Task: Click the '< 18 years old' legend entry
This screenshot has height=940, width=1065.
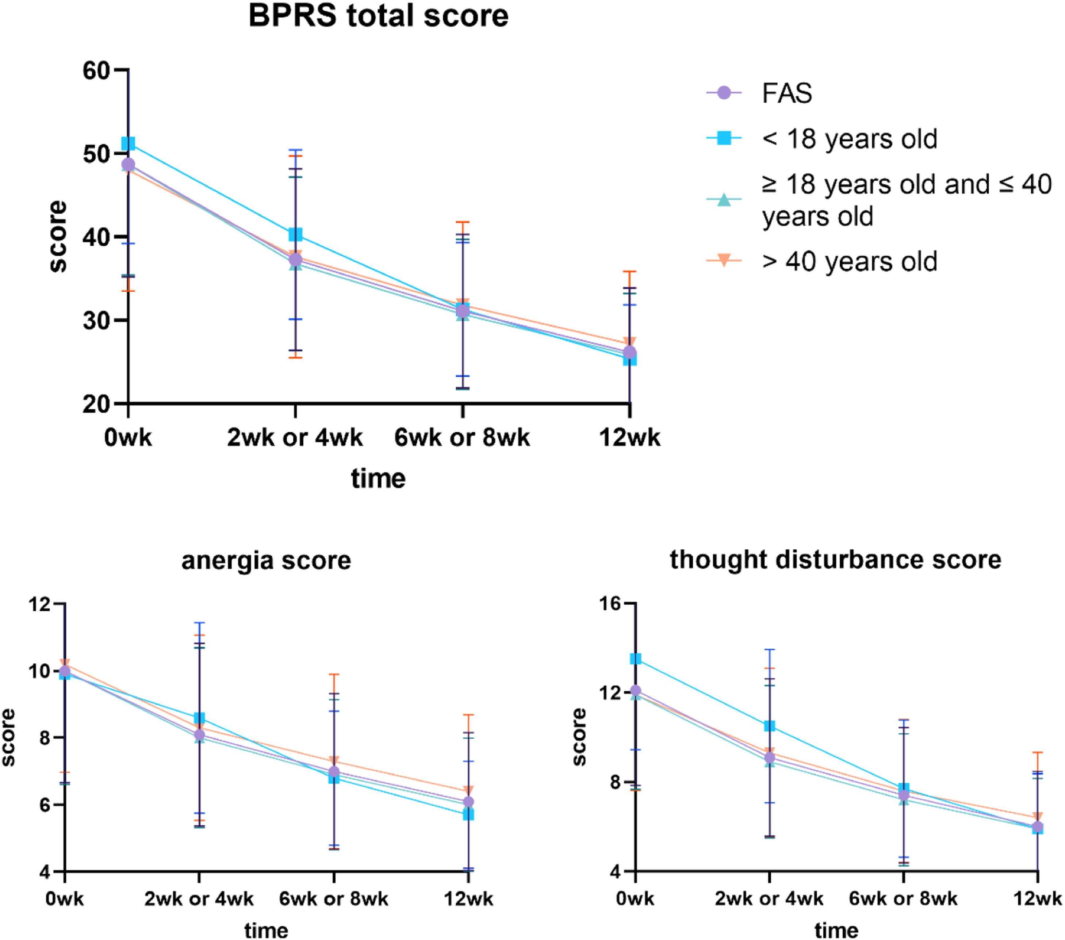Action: tap(849, 139)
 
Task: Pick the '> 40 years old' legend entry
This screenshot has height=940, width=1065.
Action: tap(849, 262)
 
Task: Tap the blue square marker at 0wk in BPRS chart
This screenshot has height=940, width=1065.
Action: tap(128, 143)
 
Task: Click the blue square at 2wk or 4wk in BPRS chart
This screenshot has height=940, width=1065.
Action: tap(295, 234)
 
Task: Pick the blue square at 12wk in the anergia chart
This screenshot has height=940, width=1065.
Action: tap(468, 814)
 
